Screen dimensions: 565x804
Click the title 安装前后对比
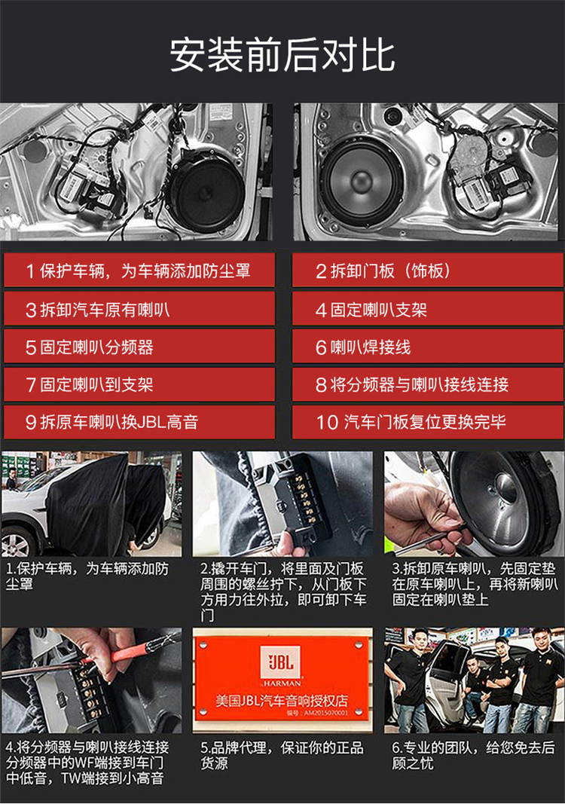click(x=282, y=54)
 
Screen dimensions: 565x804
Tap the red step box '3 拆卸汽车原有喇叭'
click(x=139, y=309)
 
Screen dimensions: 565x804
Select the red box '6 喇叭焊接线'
click(x=427, y=347)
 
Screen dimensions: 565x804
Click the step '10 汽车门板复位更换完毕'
click(x=427, y=421)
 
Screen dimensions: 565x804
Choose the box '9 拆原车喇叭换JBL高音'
click(x=139, y=421)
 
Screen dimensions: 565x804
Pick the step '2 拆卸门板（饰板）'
click(x=427, y=271)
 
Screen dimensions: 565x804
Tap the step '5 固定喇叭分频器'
click(x=139, y=347)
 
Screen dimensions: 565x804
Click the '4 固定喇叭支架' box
click(x=427, y=309)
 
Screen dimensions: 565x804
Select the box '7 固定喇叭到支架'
click(x=139, y=384)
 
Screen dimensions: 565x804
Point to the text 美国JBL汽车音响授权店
click(x=282, y=701)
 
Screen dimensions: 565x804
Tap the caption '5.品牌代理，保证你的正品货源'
click(x=282, y=755)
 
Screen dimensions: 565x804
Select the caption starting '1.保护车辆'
click(x=87, y=576)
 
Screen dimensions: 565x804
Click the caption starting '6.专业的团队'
click(x=473, y=755)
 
